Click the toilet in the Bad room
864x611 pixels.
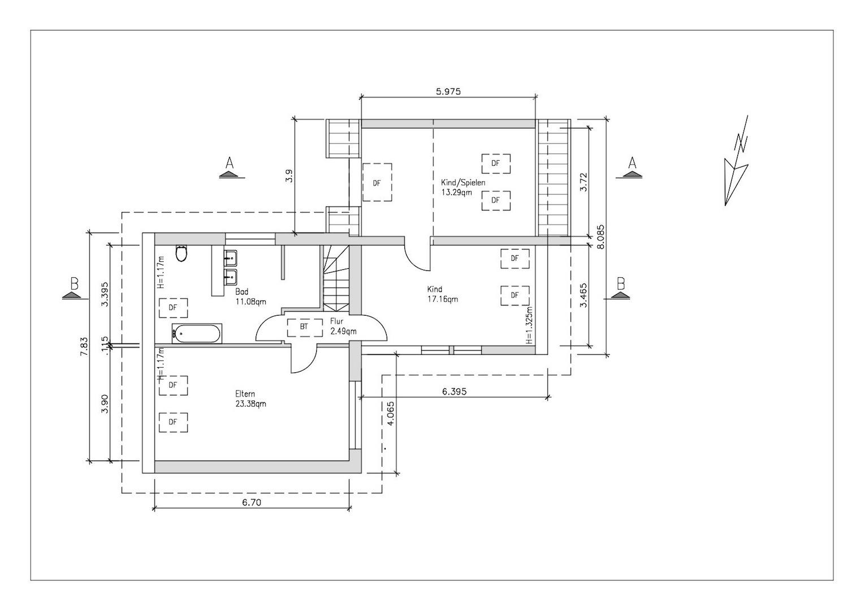pos(182,253)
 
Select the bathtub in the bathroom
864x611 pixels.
pos(197,333)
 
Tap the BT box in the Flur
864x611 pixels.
pos(305,328)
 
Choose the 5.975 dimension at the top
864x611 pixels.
pos(448,92)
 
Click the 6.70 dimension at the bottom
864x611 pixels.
pos(252,502)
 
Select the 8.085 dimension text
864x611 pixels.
pos(601,237)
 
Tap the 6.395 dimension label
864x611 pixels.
pos(454,391)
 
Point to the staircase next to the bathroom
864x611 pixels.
pos(336,278)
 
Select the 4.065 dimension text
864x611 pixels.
pos(390,414)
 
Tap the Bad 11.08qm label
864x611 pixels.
pos(250,296)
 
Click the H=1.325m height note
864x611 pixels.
pos(529,325)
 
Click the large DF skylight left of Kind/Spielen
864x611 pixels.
pos(377,182)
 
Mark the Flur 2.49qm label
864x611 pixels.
pos(343,326)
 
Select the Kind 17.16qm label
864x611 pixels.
pos(442,294)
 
